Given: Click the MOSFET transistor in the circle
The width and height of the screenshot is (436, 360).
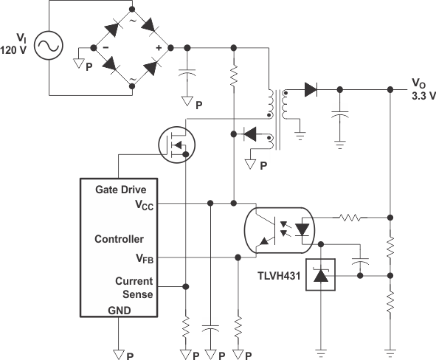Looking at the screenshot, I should pyautogui.click(x=177, y=142).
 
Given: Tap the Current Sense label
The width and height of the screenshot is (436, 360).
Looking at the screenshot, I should pyautogui.click(x=134, y=288).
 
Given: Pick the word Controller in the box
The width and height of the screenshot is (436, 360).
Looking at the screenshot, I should pyautogui.click(x=119, y=240).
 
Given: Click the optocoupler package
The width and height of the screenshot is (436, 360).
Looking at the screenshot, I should pyautogui.click(x=279, y=228).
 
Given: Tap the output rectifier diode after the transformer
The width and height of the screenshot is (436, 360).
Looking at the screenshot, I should pyautogui.click(x=310, y=91).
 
